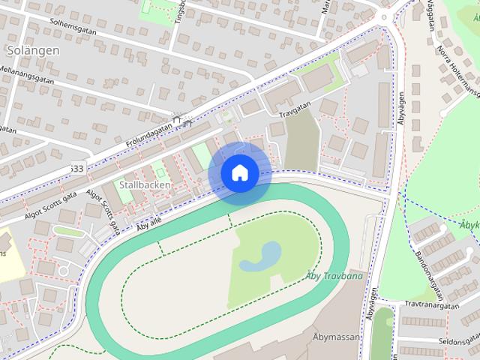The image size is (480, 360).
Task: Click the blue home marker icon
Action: coord(239,173)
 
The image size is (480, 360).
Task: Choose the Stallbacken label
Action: coord(142,184)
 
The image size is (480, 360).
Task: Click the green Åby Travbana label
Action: coord(334,277)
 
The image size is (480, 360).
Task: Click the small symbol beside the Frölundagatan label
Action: coord(178,118)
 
